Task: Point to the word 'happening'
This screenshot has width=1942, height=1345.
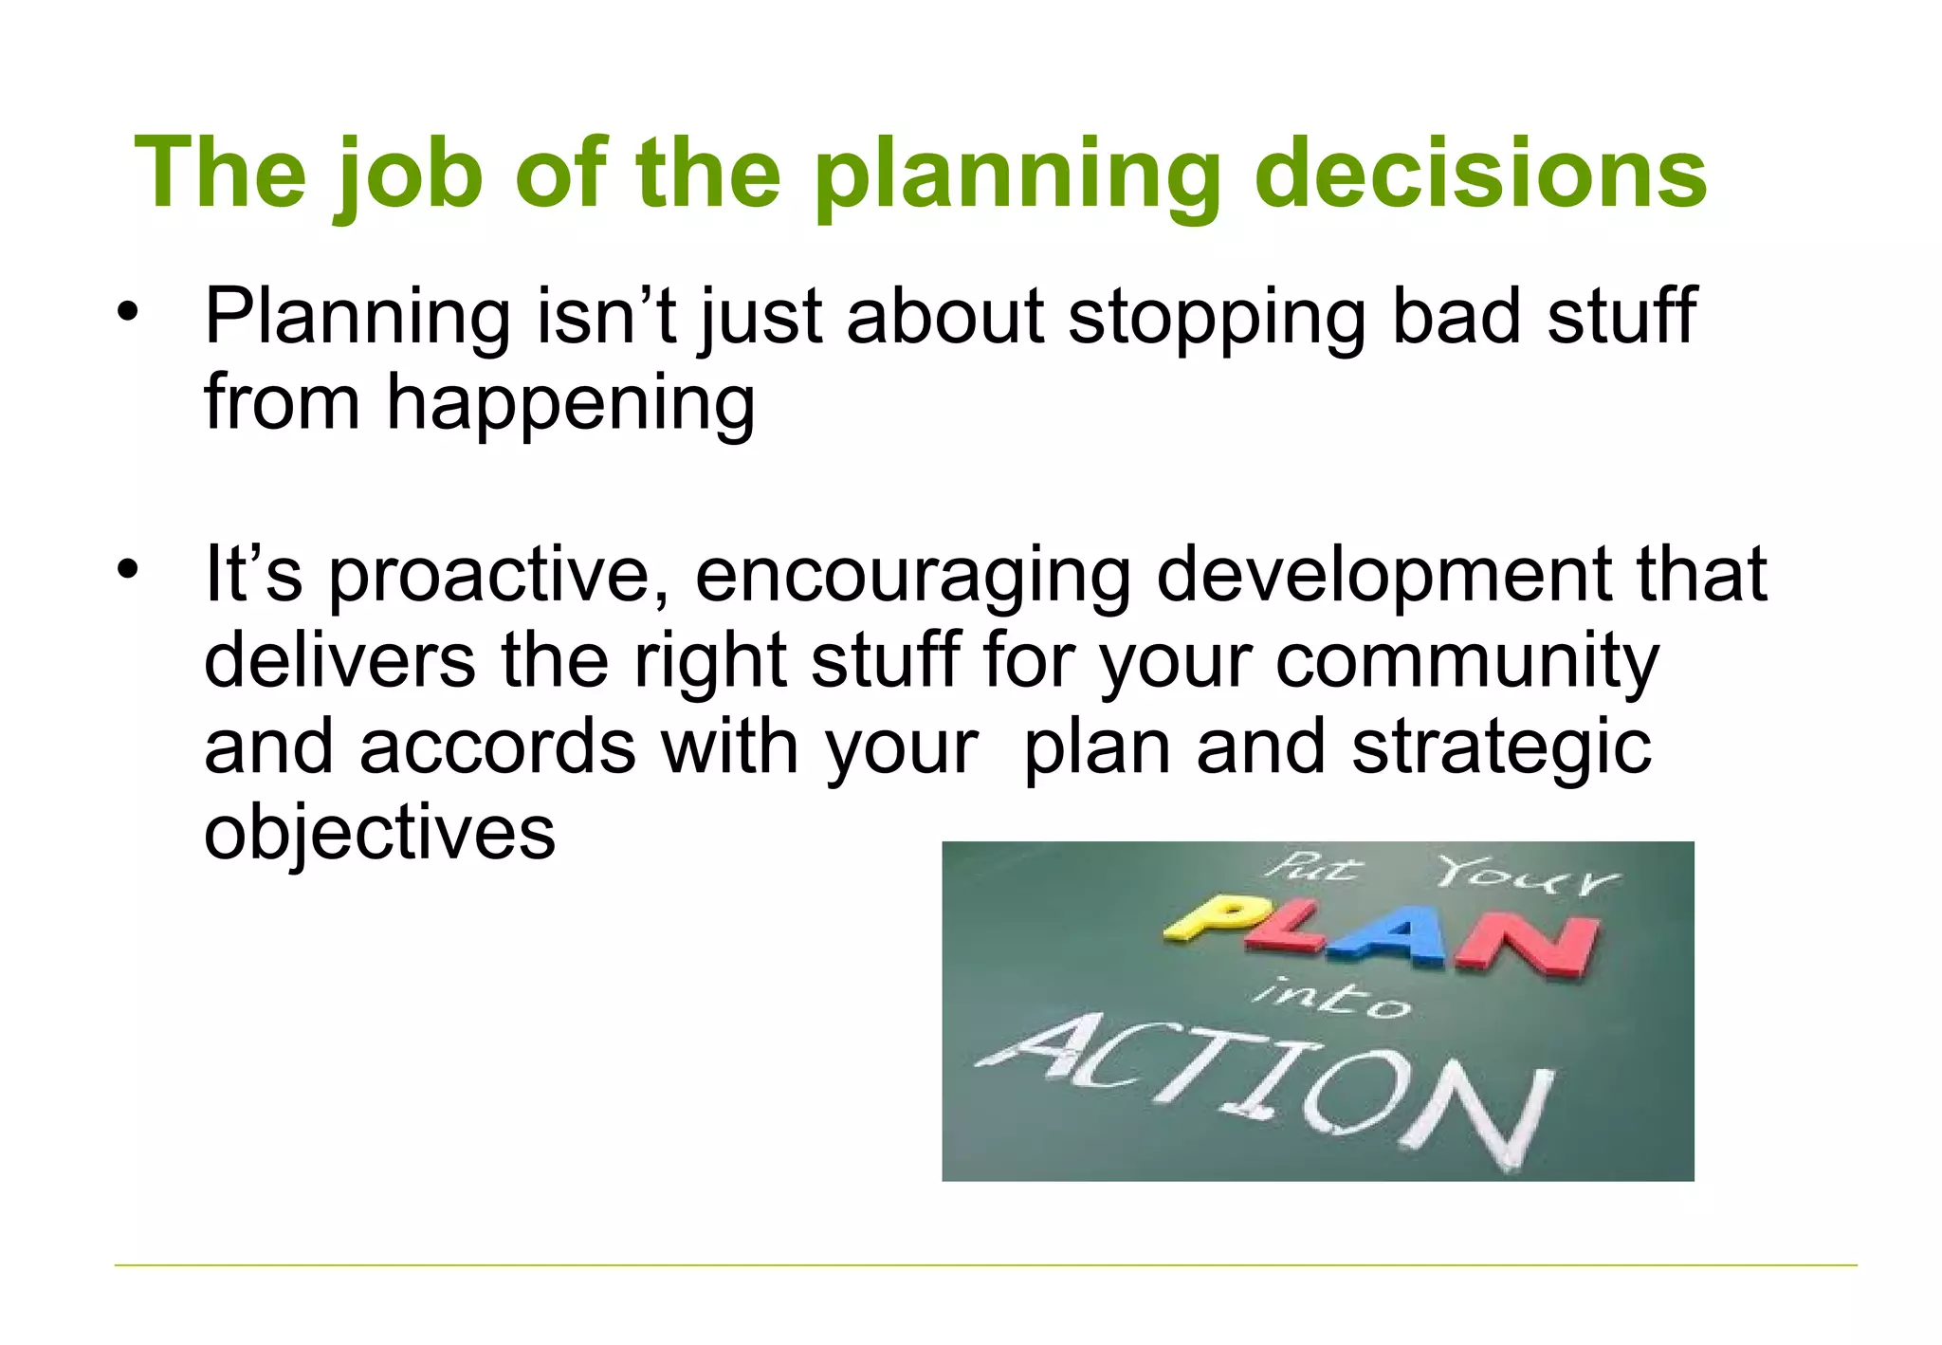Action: coord(570,404)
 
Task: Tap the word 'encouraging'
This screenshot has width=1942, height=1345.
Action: coord(913,576)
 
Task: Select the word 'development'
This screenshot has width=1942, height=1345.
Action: coord(1383,576)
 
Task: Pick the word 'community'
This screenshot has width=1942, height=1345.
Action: coord(1466,661)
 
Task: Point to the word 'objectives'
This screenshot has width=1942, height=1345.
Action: coord(379,833)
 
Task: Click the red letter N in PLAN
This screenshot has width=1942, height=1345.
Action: coord(1527,945)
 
